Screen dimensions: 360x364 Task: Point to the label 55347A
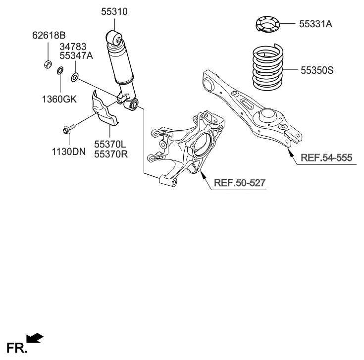pyautogui.click(x=76, y=56)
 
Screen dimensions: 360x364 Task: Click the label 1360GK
pyautogui.click(x=59, y=99)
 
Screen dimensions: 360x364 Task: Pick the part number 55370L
pyautogui.click(x=110, y=144)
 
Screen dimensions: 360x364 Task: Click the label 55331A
pyautogui.click(x=315, y=23)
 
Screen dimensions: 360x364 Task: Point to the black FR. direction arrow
pyautogui.click(x=34, y=338)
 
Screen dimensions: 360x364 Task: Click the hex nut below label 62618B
pyautogui.click(x=48, y=64)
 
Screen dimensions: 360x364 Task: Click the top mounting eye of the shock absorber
pyautogui.click(x=114, y=38)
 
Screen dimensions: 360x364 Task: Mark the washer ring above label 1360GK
pyautogui.click(x=59, y=71)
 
